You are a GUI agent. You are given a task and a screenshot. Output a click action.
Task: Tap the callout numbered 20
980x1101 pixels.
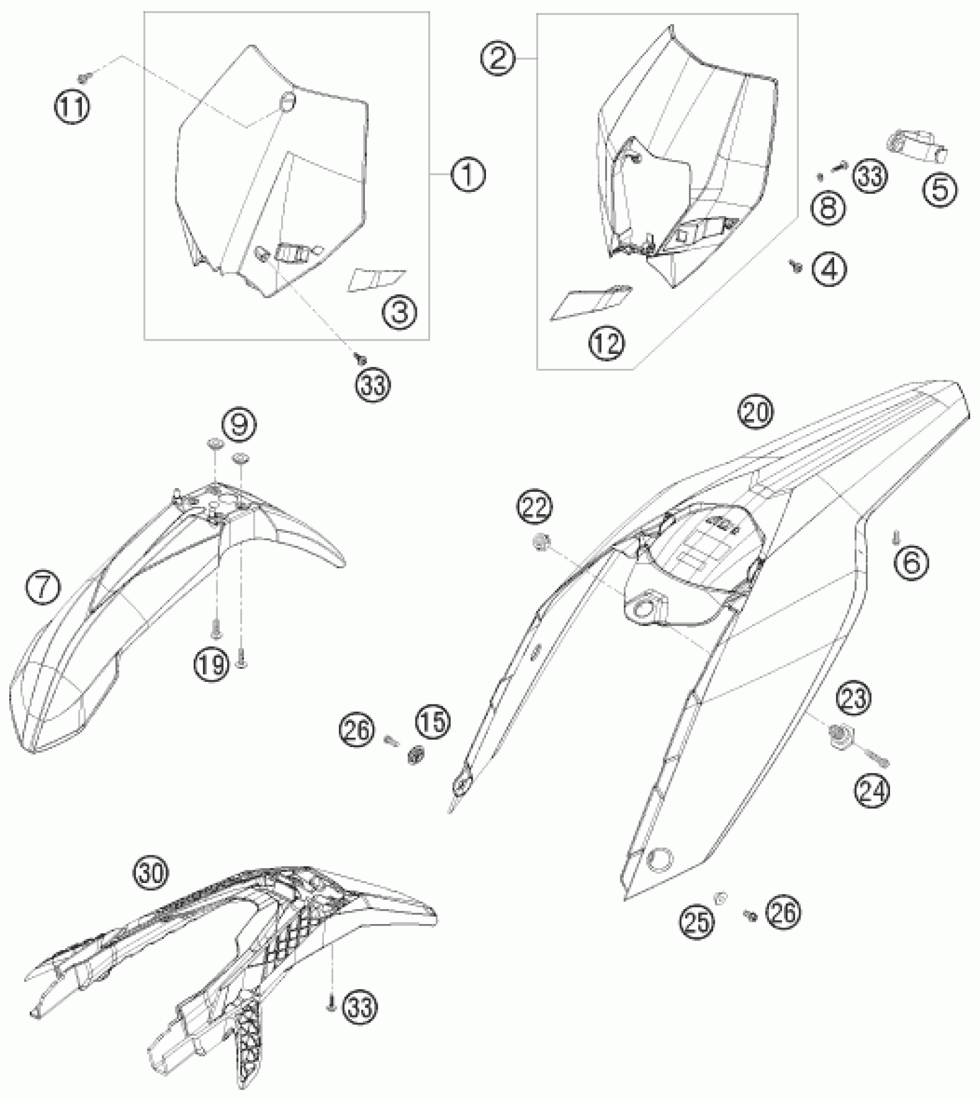coord(757,412)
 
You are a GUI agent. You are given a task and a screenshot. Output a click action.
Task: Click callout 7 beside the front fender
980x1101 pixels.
coord(43,588)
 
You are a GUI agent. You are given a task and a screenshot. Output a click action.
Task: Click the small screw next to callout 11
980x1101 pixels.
coord(82,76)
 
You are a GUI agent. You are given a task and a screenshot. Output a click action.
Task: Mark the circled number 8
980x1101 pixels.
coord(828,206)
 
